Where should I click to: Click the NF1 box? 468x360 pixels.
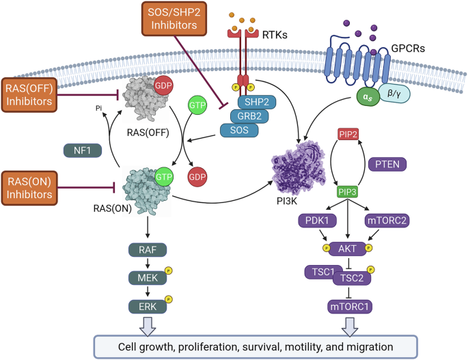[83, 151]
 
